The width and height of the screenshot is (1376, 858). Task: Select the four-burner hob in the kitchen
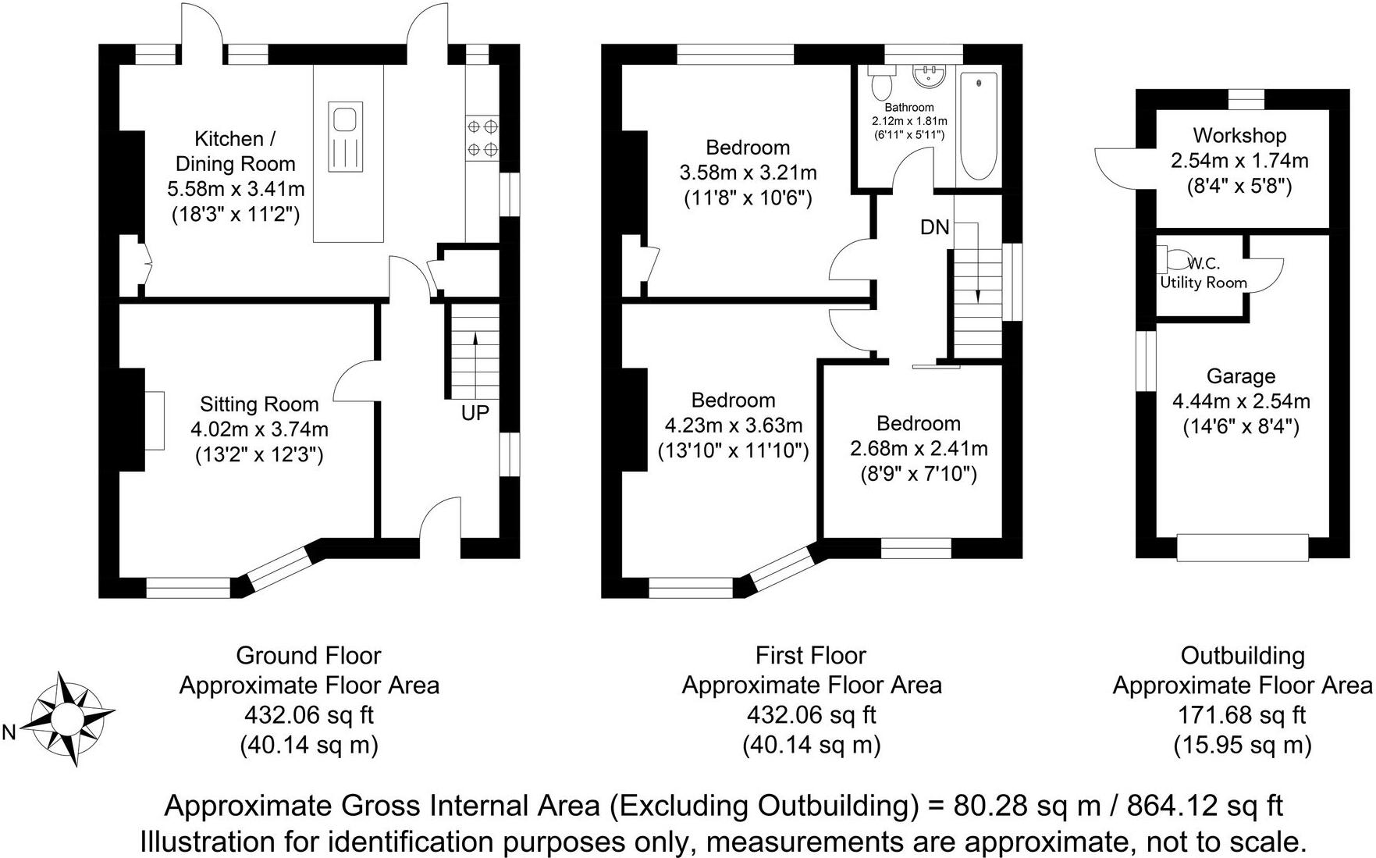pos(482,137)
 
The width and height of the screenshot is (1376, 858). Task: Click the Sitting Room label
pos(259,404)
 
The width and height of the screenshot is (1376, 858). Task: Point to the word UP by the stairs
pos(475,413)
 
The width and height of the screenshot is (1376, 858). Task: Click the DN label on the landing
pos(934,227)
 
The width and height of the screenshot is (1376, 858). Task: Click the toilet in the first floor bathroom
pos(884,80)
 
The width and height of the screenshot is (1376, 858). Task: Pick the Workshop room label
pos(1239,136)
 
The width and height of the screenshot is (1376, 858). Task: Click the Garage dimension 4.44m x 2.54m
pos(1241,401)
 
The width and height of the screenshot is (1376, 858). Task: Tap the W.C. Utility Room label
pos(1204,273)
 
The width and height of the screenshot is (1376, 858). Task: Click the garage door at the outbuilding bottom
pos(1242,547)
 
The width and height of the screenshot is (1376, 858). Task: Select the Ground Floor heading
pos(308,655)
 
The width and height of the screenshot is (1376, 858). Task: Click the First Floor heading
pos(811,655)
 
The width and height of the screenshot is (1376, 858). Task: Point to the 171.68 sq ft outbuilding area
pos(1241,714)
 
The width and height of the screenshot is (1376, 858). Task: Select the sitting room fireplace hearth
pos(154,420)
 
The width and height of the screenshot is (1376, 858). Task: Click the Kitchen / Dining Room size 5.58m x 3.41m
pos(236,189)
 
